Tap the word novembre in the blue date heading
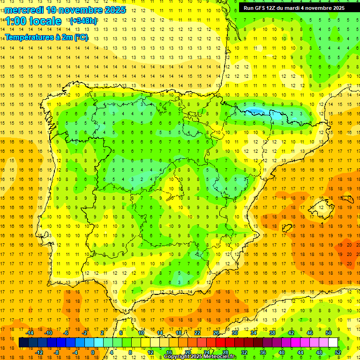click(x=82, y=9)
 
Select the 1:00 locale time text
click(x=33, y=21)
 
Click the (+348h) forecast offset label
click(x=84, y=21)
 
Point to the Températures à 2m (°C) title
click(x=46, y=37)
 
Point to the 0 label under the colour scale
click(x=93, y=352)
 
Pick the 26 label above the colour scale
click(x=216, y=333)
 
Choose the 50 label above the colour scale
click(x=328, y=333)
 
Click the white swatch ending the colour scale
click(x=333, y=343)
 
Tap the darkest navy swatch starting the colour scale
click(x=23, y=343)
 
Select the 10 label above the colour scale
click(x=141, y=333)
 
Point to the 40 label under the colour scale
click(x=281, y=352)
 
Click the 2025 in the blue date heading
click(x=114, y=9)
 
